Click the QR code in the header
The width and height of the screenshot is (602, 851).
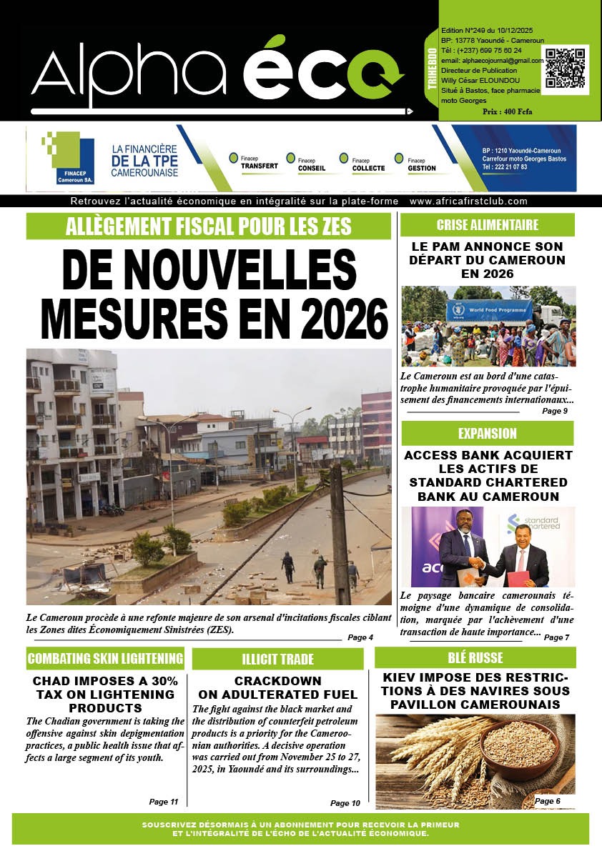coord(565,69)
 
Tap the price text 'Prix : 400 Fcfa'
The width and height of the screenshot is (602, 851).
coord(507,112)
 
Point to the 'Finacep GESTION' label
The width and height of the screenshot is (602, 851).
coord(421,164)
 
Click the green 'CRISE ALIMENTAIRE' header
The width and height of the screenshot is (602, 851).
coord(487,225)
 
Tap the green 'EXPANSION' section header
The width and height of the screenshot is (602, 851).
coord(487,433)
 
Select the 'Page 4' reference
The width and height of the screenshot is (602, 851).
coord(360,637)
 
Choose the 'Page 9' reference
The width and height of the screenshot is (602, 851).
coord(555,411)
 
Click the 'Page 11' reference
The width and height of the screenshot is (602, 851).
coord(164,802)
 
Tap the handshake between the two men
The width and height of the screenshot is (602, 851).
coord(477,562)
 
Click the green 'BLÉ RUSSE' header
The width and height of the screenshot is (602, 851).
coord(475,657)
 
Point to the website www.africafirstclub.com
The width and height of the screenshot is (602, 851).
coord(468,201)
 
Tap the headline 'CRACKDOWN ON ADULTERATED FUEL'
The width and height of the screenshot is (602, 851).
coord(277,687)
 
